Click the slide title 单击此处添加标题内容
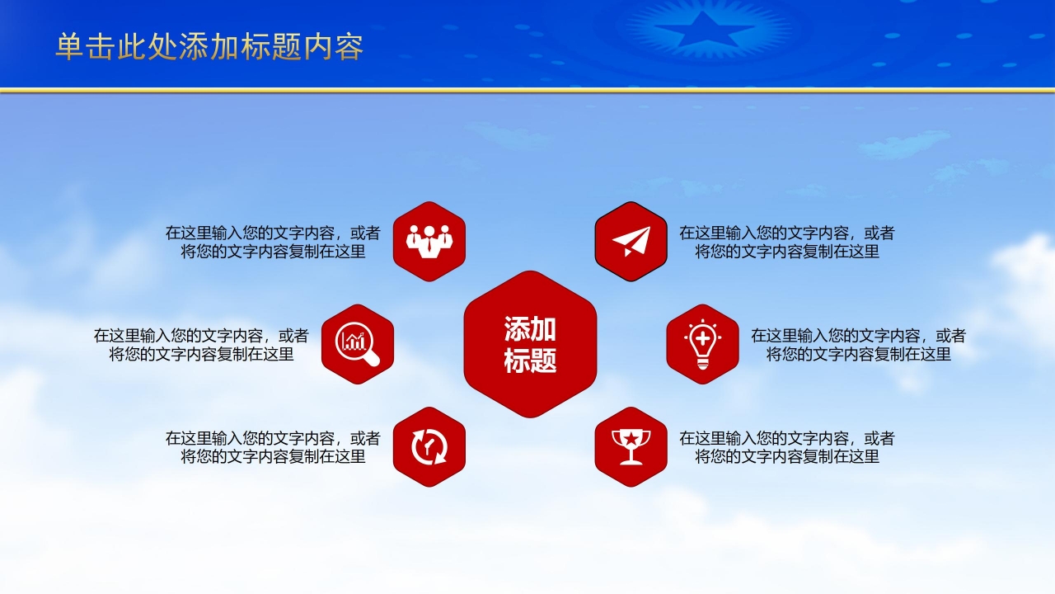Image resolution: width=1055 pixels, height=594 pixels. coord(209,47)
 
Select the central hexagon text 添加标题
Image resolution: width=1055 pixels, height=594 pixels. coord(530,345)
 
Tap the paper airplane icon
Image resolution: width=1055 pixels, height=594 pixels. coord(631,242)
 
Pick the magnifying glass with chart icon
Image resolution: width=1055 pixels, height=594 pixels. coord(358,344)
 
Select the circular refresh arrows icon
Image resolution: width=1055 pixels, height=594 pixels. coord(429,447)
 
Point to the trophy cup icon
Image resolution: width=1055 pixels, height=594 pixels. coord(631,446)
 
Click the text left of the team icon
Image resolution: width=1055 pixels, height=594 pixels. coord(273,242)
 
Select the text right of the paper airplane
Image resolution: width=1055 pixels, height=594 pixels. coord(786,242)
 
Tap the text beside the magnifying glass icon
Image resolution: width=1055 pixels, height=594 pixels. coord(201,345)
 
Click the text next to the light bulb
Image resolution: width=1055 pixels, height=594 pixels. coord(858,345)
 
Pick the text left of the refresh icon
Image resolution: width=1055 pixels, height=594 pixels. coord(273,447)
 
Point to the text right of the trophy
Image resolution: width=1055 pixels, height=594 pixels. coord(786,447)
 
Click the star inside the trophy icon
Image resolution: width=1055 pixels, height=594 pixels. coord(631,439)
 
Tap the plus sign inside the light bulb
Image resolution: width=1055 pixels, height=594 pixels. coord(702,338)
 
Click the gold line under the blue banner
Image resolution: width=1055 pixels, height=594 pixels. coord(527,90)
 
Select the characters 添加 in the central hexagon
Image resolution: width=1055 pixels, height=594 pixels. coord(530,328)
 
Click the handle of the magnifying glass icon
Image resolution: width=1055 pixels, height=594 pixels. coord(372,359)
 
